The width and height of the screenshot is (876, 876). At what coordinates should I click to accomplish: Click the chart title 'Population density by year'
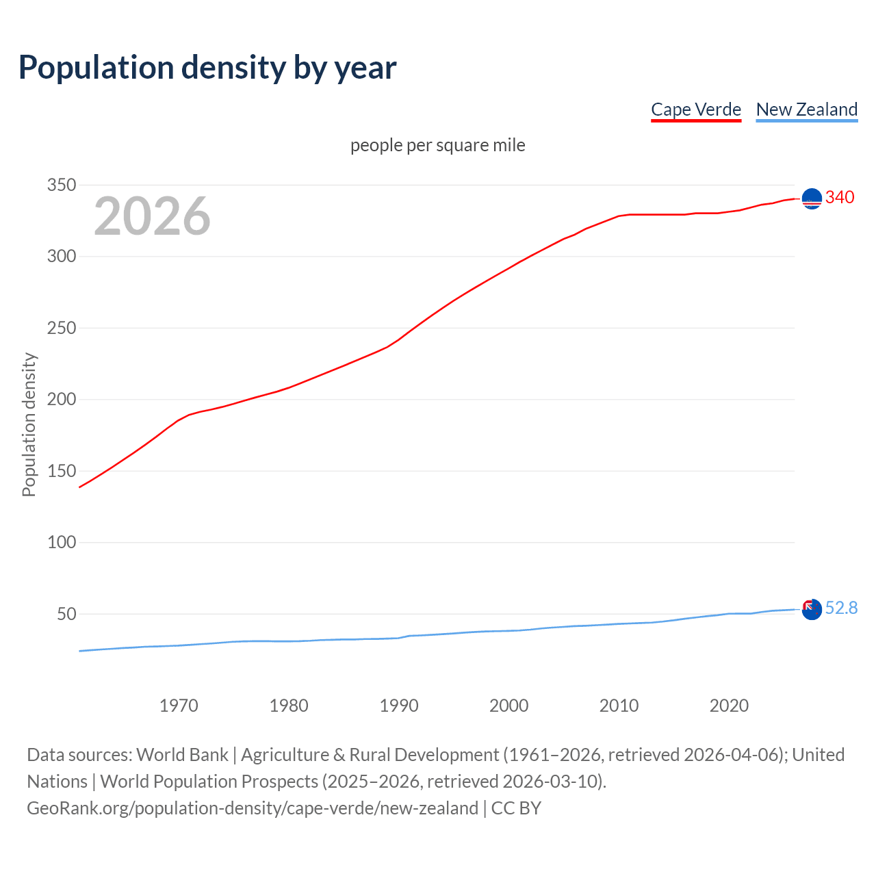pos(207,68)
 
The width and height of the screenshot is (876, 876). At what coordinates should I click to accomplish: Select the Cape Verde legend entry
pos(696,109)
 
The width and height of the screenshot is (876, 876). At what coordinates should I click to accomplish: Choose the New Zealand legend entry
pos(806,109)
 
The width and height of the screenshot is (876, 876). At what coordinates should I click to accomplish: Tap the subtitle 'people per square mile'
pos(437,145)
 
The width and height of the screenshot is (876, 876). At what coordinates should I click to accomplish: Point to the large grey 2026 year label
pos(152,216)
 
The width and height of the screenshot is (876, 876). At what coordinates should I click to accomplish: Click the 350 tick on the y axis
pos(61,185)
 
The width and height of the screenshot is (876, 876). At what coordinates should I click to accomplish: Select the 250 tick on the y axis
pos(61,328)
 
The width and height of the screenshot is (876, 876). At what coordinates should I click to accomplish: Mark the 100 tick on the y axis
pos(61,543)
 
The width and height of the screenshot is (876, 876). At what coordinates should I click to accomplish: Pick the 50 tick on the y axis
pos(66,614)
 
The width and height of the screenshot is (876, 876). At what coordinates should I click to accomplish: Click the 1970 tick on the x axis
pos(179,706)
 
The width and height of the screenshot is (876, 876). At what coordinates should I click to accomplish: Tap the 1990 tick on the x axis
pos(399,706)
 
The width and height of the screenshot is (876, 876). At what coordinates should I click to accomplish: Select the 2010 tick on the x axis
pos(619,706)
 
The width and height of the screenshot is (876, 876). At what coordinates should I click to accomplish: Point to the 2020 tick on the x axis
pos(729,706)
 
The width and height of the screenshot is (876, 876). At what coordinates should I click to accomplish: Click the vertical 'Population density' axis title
pos(29,424)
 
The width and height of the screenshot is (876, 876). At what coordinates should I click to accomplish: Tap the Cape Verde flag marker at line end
pos(812,198)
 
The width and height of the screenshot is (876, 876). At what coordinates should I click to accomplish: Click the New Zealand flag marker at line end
pos(812,609)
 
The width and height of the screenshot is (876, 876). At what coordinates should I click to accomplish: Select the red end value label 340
pos(840,197)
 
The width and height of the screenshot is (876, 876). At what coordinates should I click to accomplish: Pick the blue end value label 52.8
pos(841,608)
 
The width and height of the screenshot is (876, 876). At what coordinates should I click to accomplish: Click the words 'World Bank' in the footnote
pos(182,755)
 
